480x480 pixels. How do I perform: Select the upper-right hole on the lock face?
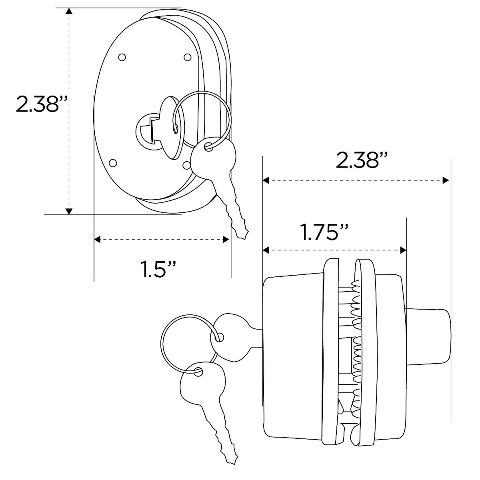click(x=187, y=57)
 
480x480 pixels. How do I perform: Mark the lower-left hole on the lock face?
click(x=112, y=163)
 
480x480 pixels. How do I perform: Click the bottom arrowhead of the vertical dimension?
click(x=70, y=210)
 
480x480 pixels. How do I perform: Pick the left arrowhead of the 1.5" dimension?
click(x=97, y=240)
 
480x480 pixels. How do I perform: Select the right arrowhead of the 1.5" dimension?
click(x=226, y=240)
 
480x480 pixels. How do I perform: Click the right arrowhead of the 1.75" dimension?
click(x=403, y=250)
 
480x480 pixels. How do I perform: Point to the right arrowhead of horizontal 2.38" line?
click(x=446, y=181)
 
